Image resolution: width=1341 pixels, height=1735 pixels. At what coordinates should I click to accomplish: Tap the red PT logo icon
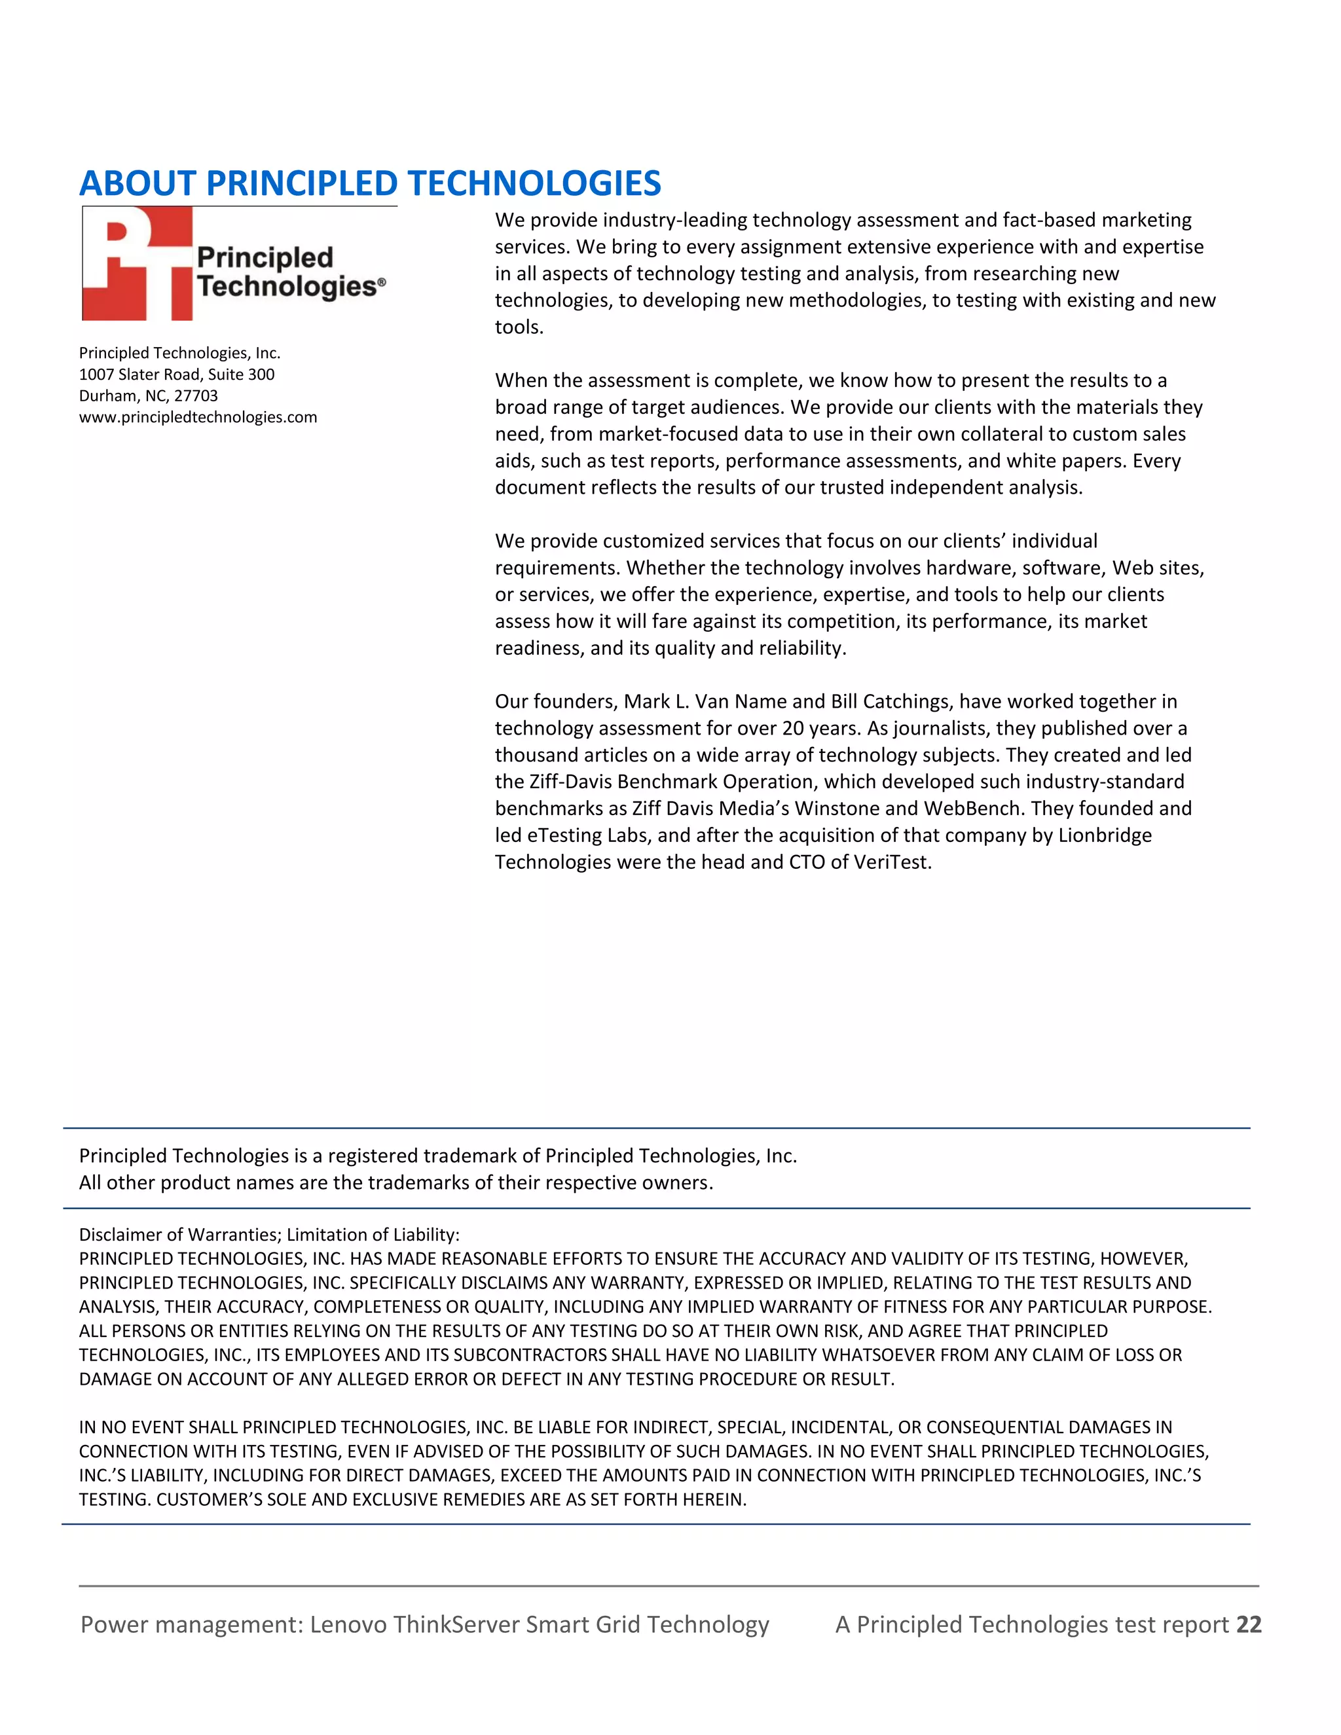pyautogui.click(x=138, y=264)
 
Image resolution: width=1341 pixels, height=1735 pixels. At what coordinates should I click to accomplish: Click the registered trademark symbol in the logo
pyautogui.click(x=382, y=282)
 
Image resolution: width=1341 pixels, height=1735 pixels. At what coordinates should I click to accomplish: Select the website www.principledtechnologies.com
pyautogui.click(x=198, y=417)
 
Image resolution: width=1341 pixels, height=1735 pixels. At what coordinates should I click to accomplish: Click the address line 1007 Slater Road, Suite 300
pyautogui.click(x=176, y=374)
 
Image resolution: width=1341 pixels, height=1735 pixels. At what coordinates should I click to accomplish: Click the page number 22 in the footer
pyautogui.click(x=1249, y=1624)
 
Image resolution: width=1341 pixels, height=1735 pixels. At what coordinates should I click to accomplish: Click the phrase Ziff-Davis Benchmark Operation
pyautogui.click(x=674, y=782)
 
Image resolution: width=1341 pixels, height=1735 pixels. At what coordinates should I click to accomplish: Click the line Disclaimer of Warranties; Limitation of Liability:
pyautogui.click(x=269, y=1235)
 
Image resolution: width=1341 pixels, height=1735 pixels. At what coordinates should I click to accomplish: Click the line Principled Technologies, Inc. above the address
pyautogui.click(x=179, y=353)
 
